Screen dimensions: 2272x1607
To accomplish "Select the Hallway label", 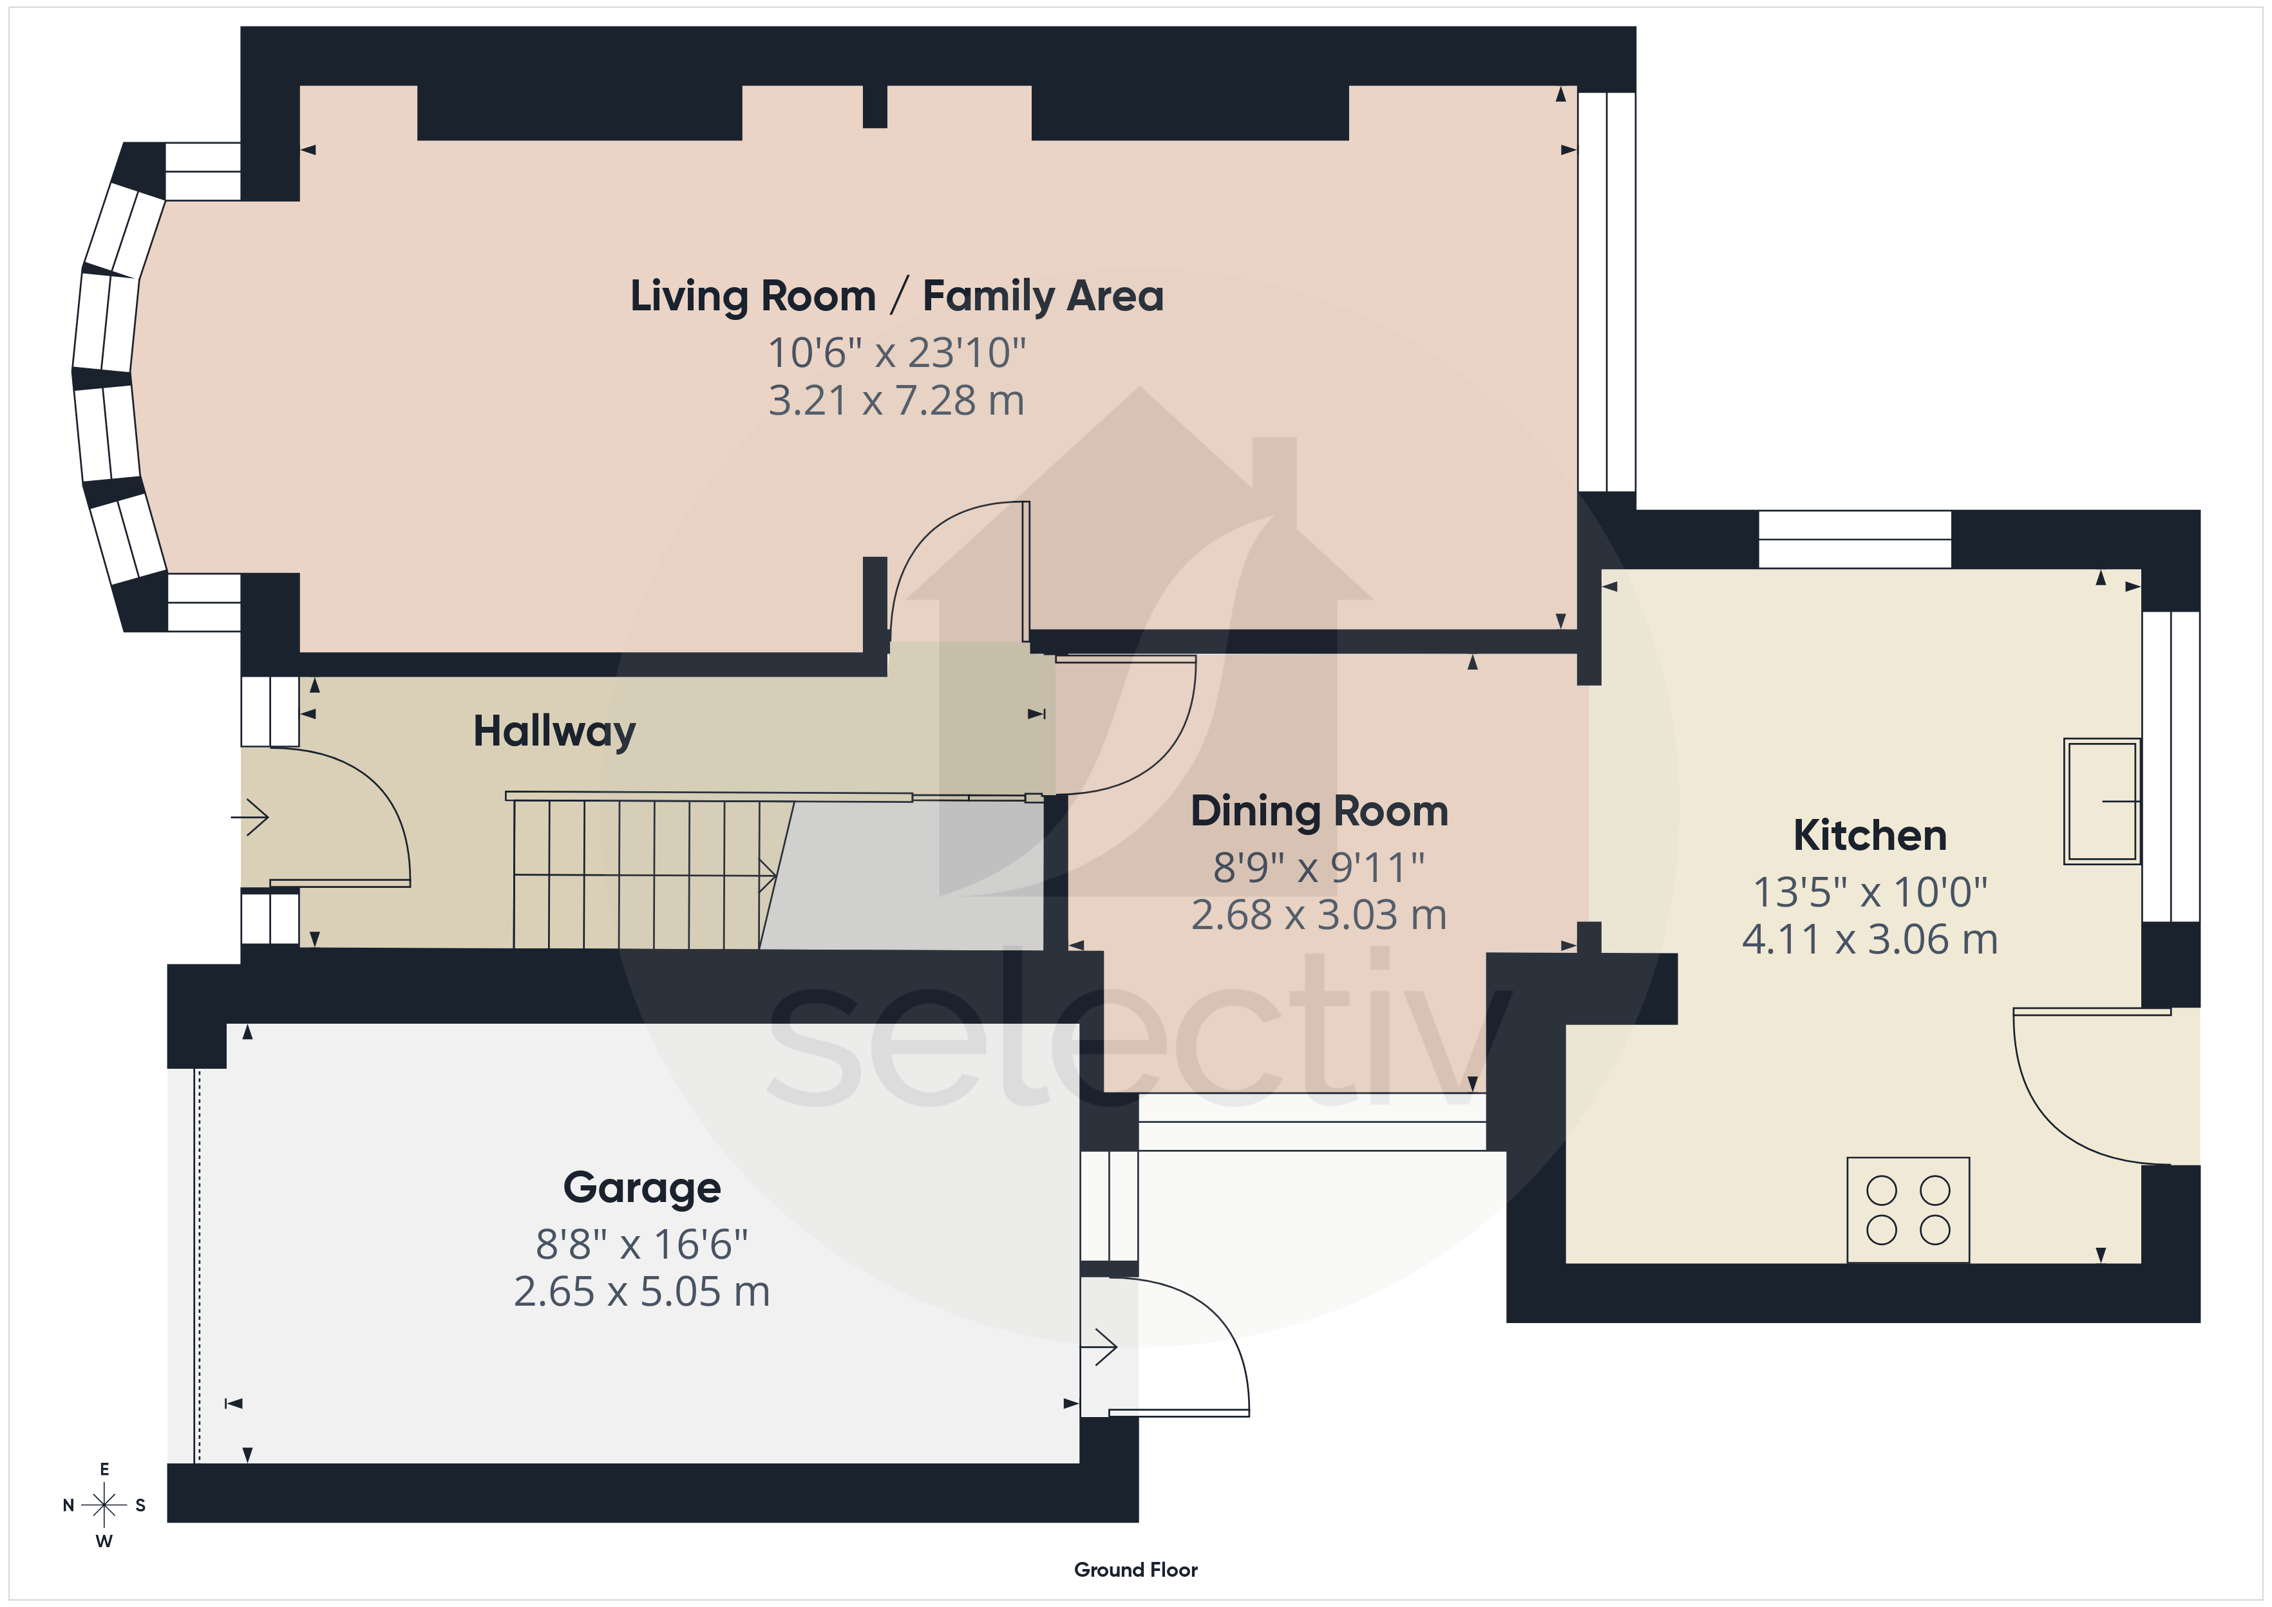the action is (554, 731).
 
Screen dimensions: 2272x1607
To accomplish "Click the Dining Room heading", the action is (1319, 811).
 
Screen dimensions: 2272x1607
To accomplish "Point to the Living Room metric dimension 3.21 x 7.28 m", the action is (896, 400).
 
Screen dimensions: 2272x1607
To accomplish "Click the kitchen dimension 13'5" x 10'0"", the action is (1870, 892).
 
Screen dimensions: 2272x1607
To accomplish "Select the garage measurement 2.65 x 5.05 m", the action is (641, 1292).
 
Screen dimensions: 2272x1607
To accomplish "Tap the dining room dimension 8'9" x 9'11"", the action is (1319, 868).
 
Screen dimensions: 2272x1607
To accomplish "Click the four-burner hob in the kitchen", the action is (1908, 1209).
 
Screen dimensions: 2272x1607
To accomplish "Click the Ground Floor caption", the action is (1136, 1570).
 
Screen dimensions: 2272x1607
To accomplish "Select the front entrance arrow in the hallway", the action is (249, 818).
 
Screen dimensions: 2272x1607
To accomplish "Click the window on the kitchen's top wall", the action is (1855, 540).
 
